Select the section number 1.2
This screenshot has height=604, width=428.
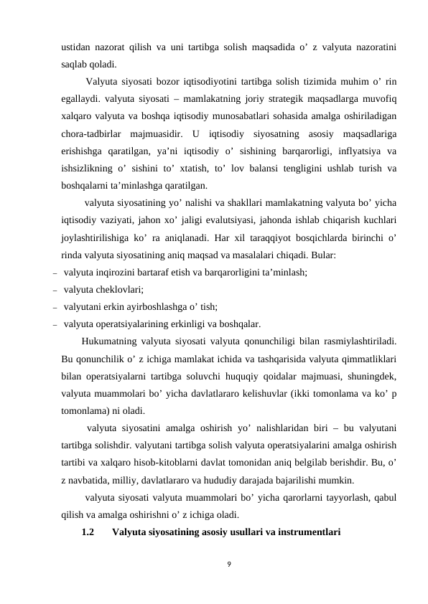[x=89, y=532]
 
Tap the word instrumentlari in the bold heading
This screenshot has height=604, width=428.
[x=306, y=532]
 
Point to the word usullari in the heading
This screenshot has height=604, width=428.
[x=236, y=532]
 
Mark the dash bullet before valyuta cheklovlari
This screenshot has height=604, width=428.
[x=55, y=289]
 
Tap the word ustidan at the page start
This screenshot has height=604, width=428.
[x=75, y=48]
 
